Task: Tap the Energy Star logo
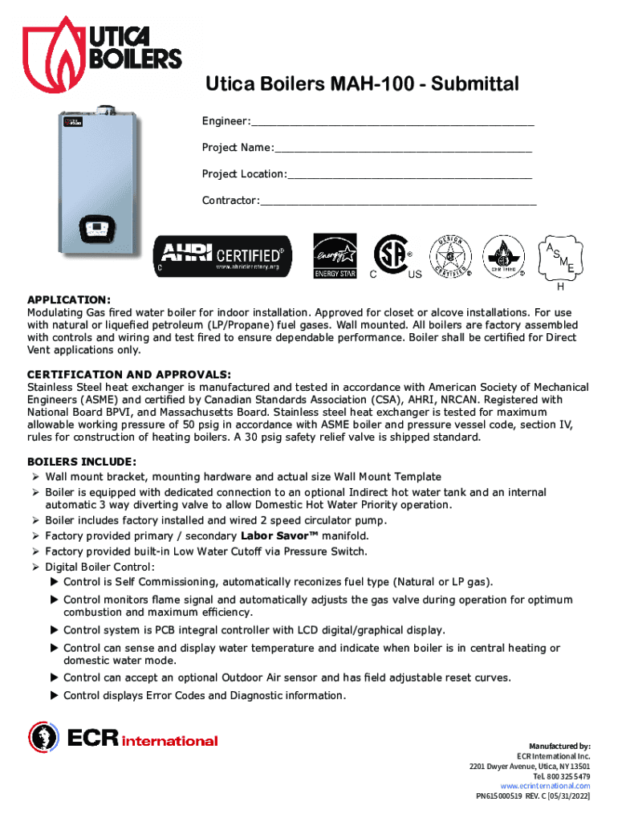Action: (334, 256)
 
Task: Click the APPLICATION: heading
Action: (69, 299)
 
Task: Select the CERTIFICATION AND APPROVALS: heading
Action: (129, 375)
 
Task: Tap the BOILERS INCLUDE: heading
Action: (82, 462)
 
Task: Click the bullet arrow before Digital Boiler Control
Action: (35, 568)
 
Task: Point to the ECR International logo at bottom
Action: (124, 739)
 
